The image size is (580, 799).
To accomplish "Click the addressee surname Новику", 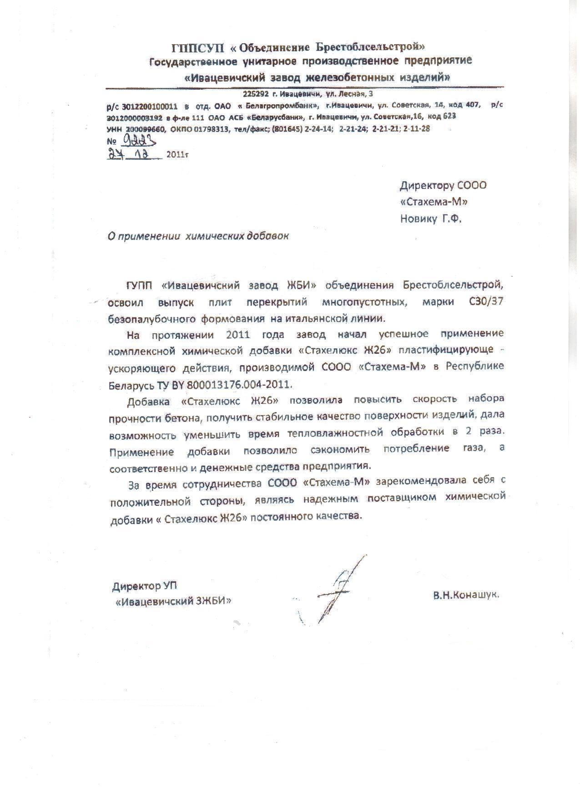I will (x=418, y=219).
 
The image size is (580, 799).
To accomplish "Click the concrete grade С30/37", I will (x=487, y=302).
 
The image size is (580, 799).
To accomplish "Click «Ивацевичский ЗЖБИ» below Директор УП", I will (x=173, y=601).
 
